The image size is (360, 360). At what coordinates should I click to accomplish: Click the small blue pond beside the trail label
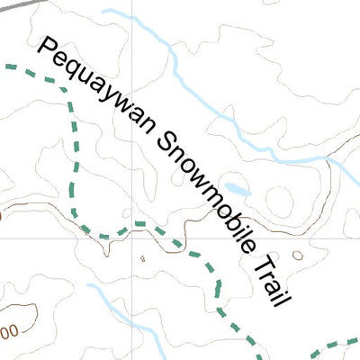pyautogui.click(x=236, y=190)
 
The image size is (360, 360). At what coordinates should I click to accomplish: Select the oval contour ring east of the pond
pyautogui.click(x=279, y=199)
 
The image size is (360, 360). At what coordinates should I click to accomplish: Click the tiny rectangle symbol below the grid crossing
pyautogui.click(x=143, y=259)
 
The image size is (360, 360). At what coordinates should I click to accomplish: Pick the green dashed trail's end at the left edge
pyautogui.click(x=7, y=66)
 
